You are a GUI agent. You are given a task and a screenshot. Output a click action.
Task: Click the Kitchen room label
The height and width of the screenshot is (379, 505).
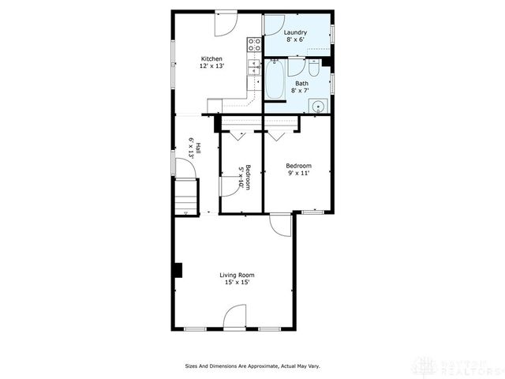pos(211,58)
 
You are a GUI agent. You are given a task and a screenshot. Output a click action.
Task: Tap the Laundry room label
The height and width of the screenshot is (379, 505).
pos(296,32)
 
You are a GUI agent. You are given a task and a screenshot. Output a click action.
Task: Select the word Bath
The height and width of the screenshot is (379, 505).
pos(302,83)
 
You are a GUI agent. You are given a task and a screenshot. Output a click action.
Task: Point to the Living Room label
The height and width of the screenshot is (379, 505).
pos(237,275)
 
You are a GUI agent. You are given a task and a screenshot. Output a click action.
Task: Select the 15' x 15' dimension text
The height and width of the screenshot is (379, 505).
pos(237,282)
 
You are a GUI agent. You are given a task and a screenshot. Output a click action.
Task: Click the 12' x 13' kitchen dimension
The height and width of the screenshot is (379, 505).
pos(211,66)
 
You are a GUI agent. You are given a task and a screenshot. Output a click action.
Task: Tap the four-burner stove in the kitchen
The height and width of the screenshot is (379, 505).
pos(255,44)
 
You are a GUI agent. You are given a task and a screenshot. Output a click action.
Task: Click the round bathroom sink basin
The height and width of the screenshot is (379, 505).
pos(319,106)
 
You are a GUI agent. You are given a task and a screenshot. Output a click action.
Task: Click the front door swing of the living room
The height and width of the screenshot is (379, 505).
pos(235,319)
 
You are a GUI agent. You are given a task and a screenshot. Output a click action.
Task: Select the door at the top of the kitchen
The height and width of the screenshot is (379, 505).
pos(224,22)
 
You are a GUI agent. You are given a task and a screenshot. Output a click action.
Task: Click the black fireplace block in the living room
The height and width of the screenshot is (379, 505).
pos(178,270)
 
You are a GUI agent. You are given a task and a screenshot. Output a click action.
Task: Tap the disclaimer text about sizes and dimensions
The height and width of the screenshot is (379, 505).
pos(252,366)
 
